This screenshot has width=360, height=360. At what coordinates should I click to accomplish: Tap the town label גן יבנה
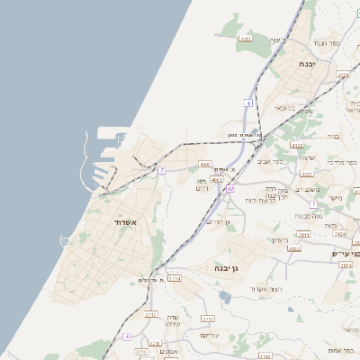pos(226,268)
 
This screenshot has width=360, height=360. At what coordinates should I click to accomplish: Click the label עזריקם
pos(211,335)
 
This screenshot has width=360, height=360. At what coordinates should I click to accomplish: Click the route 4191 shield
pos(246,39)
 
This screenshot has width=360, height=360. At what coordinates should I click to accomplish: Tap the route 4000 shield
pos(205,165)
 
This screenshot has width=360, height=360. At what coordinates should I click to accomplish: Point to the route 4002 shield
pos(217,179)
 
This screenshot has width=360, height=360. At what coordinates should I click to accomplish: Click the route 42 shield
pos(230,189)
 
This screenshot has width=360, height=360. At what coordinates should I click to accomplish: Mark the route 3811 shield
pos(303,234)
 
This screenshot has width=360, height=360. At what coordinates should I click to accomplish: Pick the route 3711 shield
pos(208,319)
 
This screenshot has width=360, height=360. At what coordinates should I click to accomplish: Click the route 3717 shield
pos(150,314)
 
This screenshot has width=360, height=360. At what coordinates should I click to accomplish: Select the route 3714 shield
pos(175,279)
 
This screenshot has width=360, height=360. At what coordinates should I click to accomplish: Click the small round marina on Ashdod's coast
pos(66,240)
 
